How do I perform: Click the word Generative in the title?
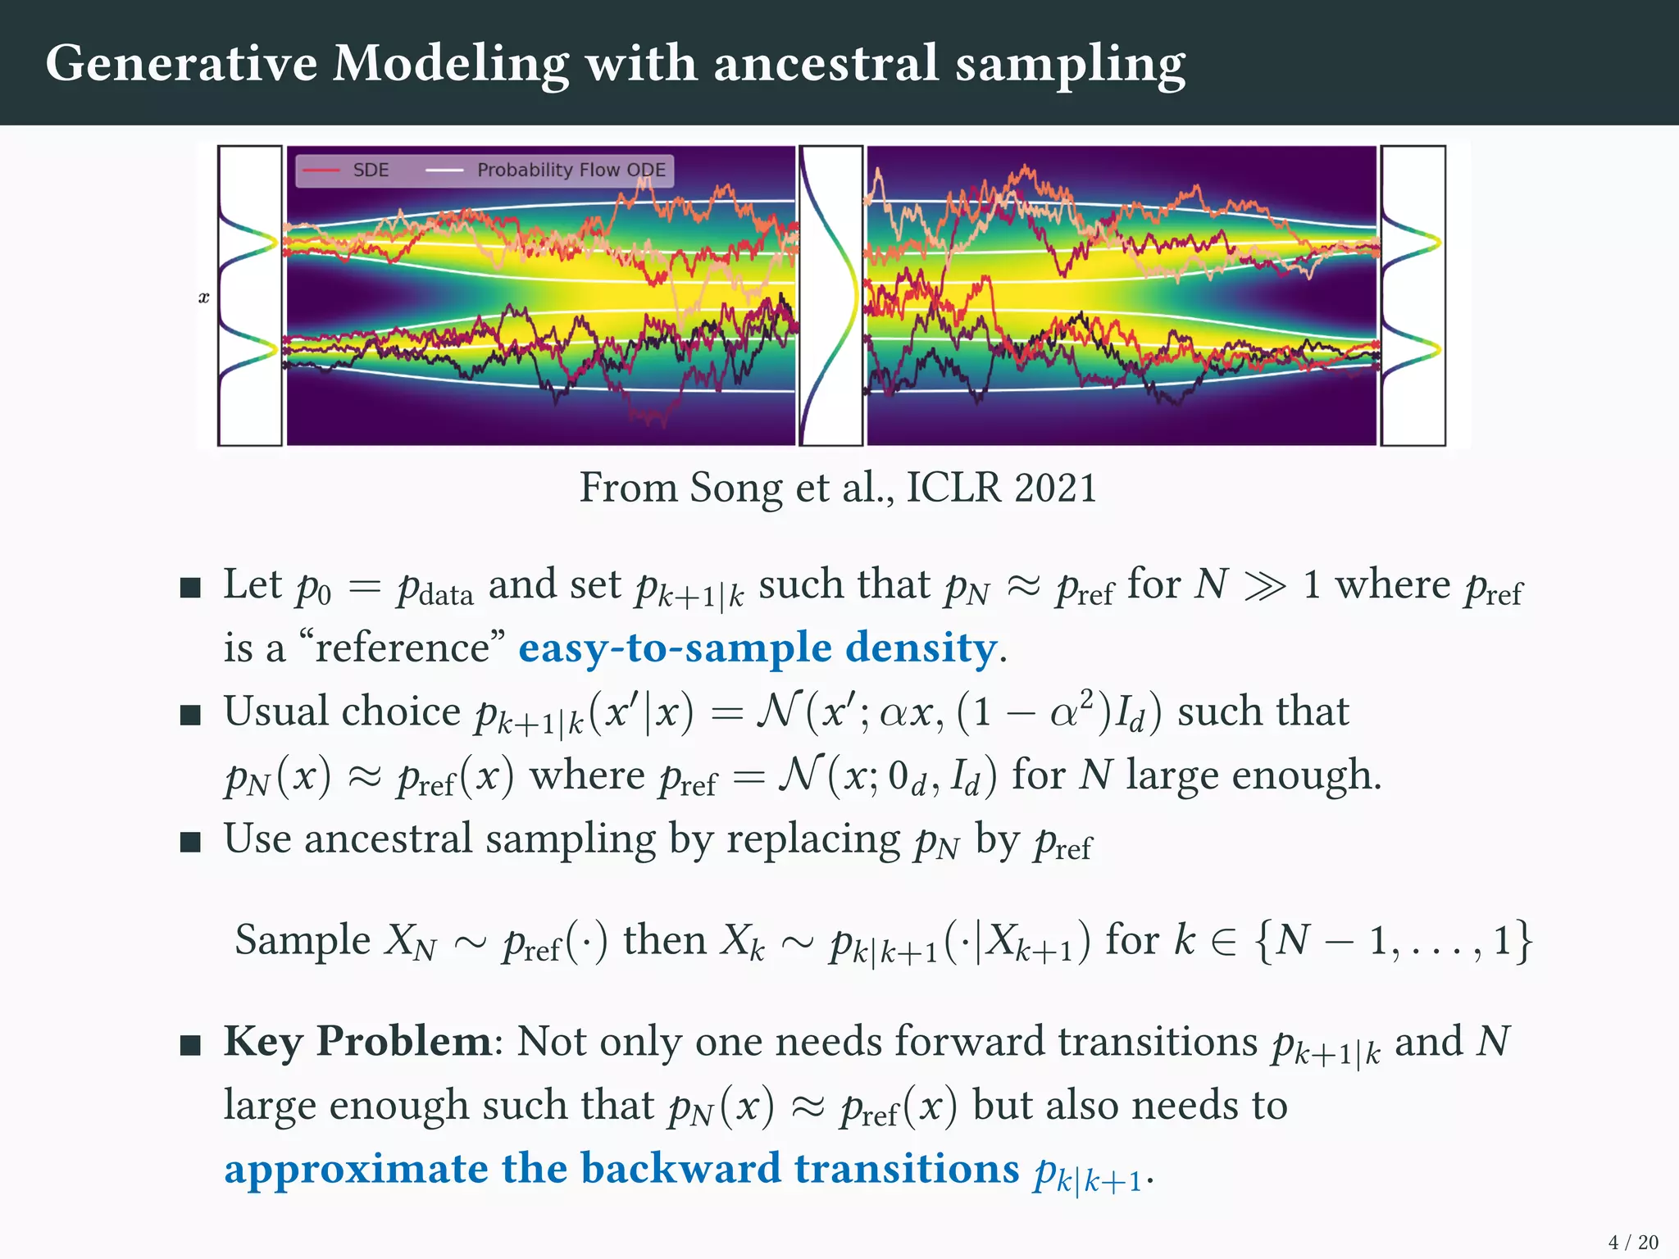[x=181, y=64]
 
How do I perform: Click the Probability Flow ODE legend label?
[x=571, y=170]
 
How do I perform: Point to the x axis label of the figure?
[x=204, y=298]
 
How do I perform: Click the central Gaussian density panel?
[x=830, y=296]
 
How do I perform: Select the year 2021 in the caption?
[x=1055, y=488]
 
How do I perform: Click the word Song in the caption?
[x=735, y=488]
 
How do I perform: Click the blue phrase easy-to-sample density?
[x=758, y=648]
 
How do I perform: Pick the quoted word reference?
[x=402, y=648]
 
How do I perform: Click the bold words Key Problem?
[x=357, y=1042]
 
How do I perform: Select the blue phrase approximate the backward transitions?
[x=621, y=1168]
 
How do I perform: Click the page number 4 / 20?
[x=1633, y=1243]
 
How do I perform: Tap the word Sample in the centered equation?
[x=303, y=940]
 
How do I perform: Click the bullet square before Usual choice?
[x=190, y=715]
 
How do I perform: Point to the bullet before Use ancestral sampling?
[x=190, y=842]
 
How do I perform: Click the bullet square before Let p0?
[x=190, y=588]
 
